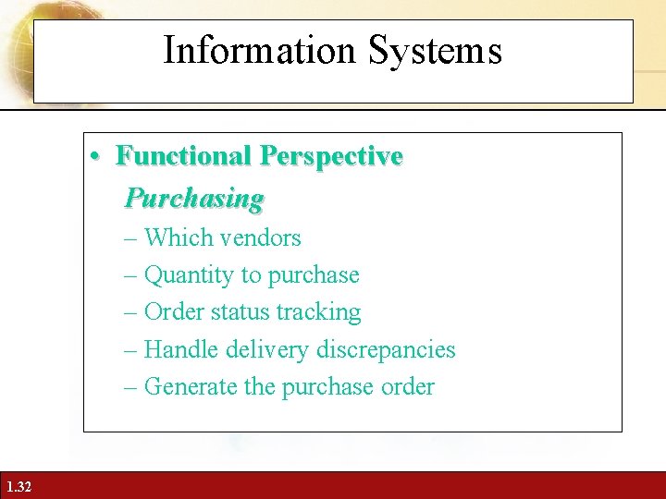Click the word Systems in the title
435,50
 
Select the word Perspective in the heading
331,155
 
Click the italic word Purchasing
194,198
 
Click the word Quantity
190,275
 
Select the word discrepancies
386,350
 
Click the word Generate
191,386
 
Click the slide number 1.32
18,486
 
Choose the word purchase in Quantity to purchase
313,275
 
